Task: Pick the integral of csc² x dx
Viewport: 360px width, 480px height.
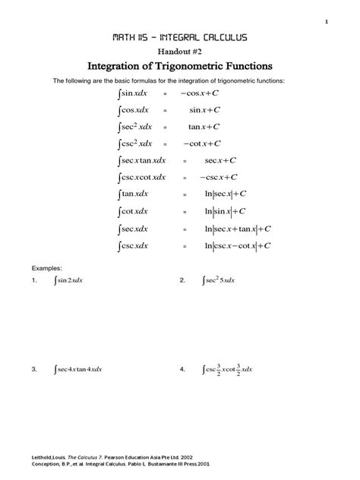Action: tap(136, 144)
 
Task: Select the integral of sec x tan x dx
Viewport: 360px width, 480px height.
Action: tap(142, 161)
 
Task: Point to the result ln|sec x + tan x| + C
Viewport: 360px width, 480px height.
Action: tap(237, 229)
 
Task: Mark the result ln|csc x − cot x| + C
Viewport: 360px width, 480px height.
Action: tap(237, 246)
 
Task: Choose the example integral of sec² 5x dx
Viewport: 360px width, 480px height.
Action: tap(219, 280)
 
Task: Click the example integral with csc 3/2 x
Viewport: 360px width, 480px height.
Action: tap(226, 370)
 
